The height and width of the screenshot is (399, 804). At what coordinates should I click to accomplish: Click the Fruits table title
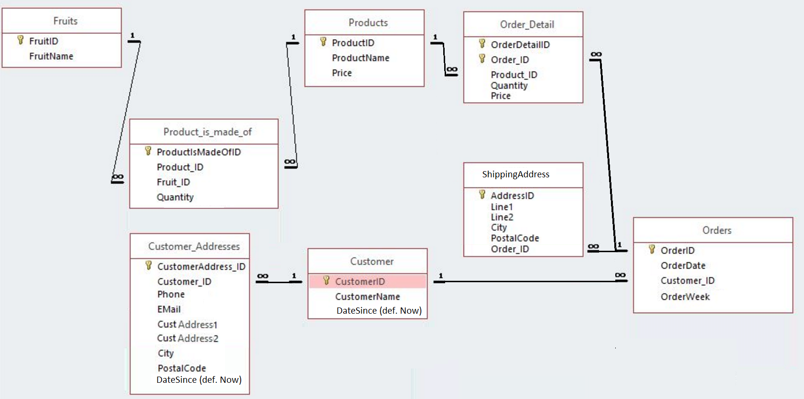click(x=65, y=21)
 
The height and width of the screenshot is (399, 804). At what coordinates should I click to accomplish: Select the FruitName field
click(x=51, y=56)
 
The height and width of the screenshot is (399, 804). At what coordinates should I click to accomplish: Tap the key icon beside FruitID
click(x=20, y=40)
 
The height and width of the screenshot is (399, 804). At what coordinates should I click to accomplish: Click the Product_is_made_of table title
click(x=207, y=132)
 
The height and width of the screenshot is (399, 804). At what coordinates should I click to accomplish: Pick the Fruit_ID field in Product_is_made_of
click(x=173, y=182)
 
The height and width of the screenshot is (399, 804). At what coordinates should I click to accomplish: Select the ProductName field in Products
click(x=360, y=58)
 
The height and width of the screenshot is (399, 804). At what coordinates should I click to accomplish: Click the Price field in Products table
click(x=342, y=73)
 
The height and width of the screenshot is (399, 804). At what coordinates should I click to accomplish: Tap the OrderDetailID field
click(x=520, y=45)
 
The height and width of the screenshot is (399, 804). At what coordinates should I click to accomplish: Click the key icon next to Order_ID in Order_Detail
click(x=482, y=59)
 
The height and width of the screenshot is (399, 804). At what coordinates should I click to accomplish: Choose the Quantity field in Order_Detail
click(x=509, y=86)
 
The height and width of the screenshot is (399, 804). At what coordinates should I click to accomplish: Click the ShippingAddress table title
click(x=516, y=174)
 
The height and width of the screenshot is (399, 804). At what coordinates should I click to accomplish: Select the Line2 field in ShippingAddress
click(x=502, y=217)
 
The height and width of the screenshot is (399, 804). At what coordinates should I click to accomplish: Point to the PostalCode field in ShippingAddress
click(x=515, y=238)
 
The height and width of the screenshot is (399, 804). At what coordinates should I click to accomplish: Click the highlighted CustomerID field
click(x=360, y=282)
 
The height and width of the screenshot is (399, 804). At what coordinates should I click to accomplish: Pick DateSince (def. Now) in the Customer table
click(x=379, y=311)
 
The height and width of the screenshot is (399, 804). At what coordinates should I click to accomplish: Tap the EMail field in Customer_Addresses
click(x=169, y=309)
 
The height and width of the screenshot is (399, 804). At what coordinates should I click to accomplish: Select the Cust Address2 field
click(x=188, y=338)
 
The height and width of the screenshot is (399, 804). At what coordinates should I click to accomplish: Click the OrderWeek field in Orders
click(x=685, y=297)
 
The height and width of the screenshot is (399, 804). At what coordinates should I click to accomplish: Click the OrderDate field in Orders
click(x=683, y=266)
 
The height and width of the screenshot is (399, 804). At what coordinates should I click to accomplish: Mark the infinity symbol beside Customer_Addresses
click(x=263, y=276)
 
